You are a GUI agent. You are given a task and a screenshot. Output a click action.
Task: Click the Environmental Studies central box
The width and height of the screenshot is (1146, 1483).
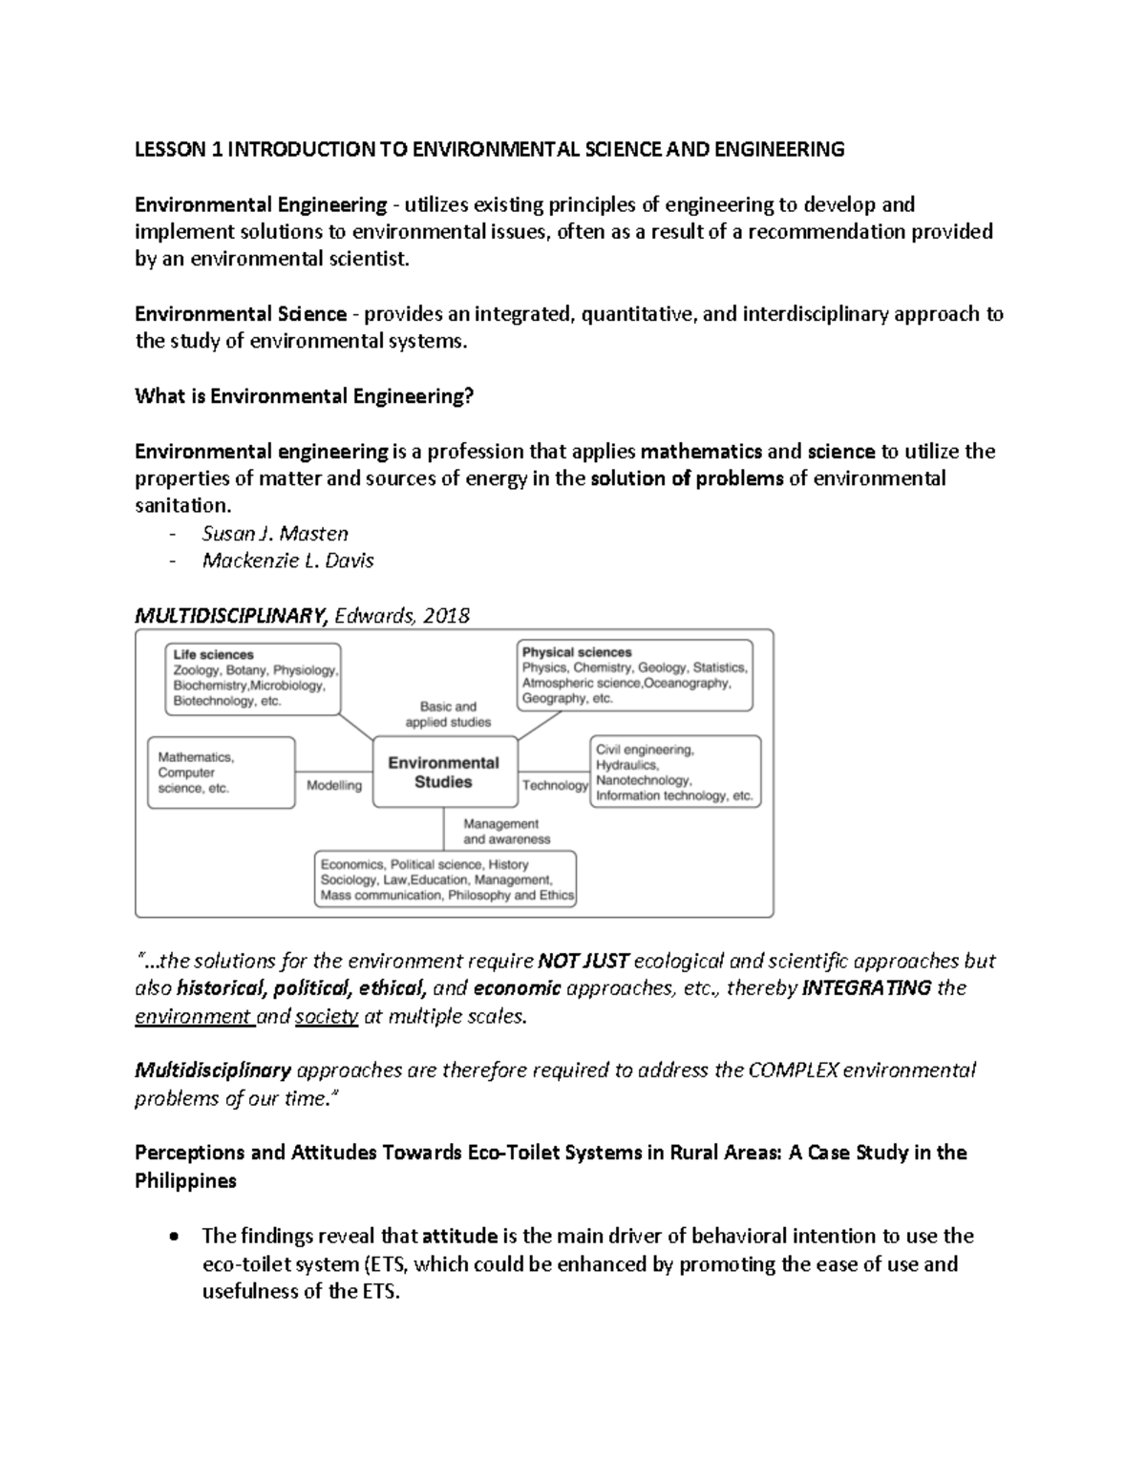[443, 772]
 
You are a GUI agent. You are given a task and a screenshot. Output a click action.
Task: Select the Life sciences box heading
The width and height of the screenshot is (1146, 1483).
[213, 655]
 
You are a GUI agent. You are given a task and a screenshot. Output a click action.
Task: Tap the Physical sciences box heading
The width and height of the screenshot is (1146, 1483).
[577, 652]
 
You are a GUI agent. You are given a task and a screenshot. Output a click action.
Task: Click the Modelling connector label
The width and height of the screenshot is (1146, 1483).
[334, 785]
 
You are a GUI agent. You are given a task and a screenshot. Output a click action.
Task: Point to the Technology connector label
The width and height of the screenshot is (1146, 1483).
[555, 785]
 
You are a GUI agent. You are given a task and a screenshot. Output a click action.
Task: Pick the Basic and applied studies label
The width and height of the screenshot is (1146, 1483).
[448, 714]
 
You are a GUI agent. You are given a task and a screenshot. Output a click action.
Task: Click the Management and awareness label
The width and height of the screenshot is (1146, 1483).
[506, 831]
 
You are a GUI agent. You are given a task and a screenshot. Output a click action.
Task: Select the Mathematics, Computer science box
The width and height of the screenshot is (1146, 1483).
[221, 773]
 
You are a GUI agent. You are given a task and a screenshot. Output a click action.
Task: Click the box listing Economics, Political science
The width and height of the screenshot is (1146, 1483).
[447, 879]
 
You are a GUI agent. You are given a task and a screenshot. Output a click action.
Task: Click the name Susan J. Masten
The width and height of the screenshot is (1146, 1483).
[275, 534]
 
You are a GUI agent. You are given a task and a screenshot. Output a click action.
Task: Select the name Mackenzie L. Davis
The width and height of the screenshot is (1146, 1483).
[287, 561]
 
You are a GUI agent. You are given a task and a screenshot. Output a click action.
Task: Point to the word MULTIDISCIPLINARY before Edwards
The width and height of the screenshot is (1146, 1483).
[232, 616]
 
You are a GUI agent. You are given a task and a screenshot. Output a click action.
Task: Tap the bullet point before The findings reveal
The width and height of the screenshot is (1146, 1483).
[172, 1238]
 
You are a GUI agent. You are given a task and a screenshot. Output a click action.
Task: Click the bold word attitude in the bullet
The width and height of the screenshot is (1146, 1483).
[459, 1236]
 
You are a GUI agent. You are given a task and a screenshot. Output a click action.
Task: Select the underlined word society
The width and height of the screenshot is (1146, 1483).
[327, 1016]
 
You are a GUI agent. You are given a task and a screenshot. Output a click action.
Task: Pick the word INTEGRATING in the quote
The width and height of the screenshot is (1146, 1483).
[867, 987]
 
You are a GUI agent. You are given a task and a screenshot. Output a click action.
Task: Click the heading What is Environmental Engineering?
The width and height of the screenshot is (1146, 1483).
[305, 396]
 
